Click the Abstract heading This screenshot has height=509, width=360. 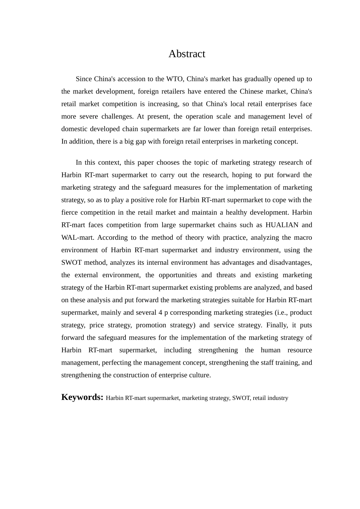click(186, 54)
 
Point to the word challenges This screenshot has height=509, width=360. click(116, 116)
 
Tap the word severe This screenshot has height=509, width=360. click(89, 116)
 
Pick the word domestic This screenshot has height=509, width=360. click(74, 129)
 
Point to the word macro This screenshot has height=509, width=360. click(303, 237)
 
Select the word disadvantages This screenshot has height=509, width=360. click(290, 262)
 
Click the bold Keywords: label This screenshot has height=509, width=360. click(82, 397)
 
